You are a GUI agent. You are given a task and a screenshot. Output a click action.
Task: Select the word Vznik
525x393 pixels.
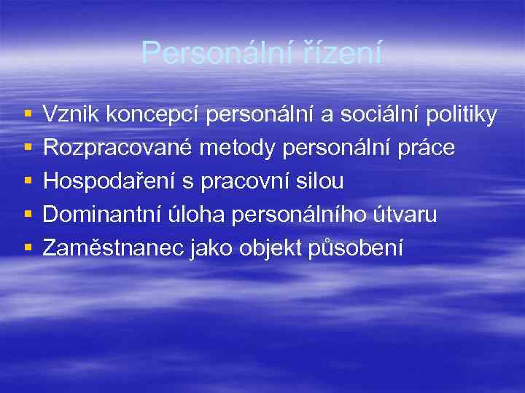click(71, 114)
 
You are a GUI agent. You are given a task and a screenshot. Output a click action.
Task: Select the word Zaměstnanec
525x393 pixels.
click(114, 249)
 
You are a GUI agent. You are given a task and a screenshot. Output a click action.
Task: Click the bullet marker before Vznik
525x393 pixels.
click(27, 115)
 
